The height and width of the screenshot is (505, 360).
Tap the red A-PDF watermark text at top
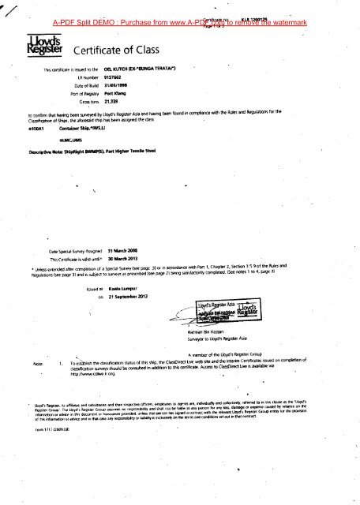[x=190, y=10]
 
